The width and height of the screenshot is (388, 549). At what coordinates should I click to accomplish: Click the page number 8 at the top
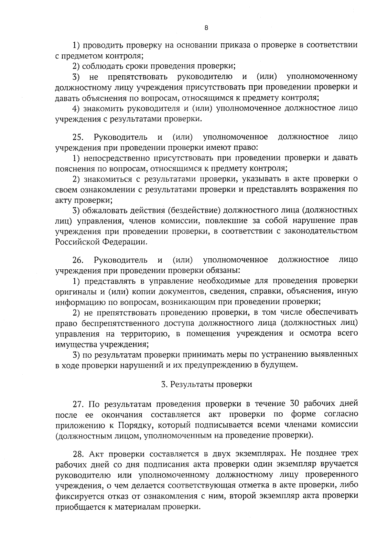pos(206,28)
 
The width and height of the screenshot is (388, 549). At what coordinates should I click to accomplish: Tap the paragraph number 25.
pos(78,137)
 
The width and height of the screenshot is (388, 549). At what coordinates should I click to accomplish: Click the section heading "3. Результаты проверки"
pos(206,384)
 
